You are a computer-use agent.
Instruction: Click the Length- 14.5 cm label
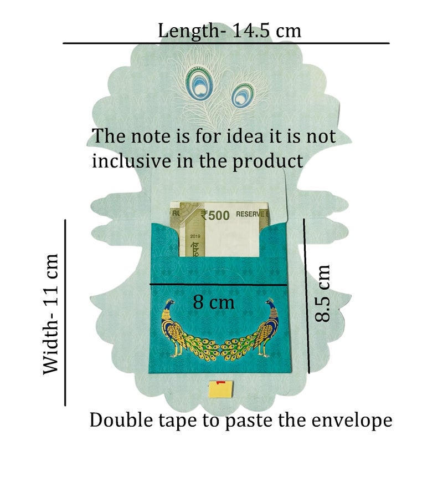click(229, 31)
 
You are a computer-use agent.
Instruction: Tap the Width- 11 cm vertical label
click(51, 314)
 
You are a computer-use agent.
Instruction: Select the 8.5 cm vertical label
click(322, 293)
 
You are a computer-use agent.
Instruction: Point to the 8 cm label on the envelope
click(213, 302)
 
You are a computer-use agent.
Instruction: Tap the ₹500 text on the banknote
click(215, 215)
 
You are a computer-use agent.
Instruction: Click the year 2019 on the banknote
click(195, 236)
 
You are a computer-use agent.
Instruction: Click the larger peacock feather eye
click(199, 83)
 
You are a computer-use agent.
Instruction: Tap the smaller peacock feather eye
click(243, 95)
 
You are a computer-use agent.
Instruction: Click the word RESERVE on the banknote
click(250, 214)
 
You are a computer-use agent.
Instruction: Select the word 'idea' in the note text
click(245, 136)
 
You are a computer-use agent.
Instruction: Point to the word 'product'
click(267, 161)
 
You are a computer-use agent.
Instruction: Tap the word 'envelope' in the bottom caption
click(352, 421)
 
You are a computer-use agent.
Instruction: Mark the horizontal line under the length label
click(226, 43)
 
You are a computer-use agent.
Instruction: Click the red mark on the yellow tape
click(221, 382)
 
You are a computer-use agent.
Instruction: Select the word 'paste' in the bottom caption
click(249, 421)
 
